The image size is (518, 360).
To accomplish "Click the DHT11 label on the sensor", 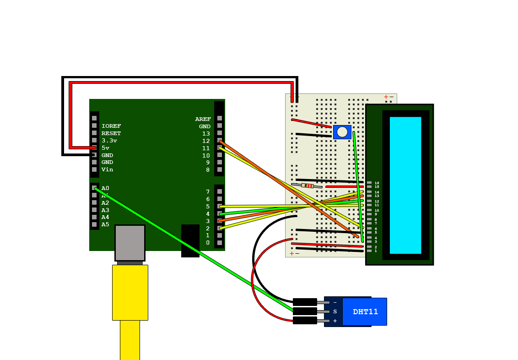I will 365,312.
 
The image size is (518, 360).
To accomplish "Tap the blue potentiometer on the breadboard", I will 342,132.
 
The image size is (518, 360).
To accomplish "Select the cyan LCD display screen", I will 405,185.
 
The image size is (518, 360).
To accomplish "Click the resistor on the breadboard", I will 307,185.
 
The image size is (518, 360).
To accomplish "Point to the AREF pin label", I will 203,119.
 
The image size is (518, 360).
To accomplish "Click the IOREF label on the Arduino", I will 111,126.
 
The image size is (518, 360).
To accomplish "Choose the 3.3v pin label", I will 109,141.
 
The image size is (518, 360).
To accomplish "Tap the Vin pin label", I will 107,169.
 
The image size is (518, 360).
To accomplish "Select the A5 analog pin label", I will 105,224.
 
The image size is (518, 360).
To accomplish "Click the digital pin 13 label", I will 206,134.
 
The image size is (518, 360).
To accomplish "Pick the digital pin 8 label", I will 208,169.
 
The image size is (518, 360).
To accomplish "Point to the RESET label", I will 111,133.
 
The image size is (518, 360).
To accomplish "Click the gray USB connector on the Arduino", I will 130,243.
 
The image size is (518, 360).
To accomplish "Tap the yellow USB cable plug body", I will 130,292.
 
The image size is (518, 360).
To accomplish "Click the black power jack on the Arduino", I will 190,240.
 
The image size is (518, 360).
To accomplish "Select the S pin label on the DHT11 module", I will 335,311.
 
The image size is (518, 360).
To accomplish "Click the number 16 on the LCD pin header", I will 377,183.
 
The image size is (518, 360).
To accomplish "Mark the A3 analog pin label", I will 105,210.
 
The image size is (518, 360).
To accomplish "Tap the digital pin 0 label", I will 208,243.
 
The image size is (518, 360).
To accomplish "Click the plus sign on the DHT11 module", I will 335,321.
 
